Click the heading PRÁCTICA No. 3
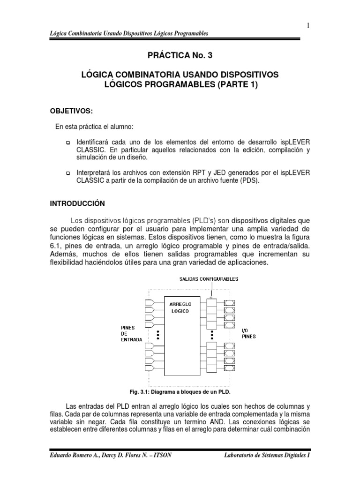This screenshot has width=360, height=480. [180, 56]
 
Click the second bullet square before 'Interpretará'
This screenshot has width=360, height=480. [67, 174]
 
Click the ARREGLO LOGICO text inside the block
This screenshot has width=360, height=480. [180, 307]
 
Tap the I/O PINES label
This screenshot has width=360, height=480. [248, 333]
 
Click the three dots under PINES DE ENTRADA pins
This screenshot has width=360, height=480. [158, 335]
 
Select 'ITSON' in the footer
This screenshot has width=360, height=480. [159, 455]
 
